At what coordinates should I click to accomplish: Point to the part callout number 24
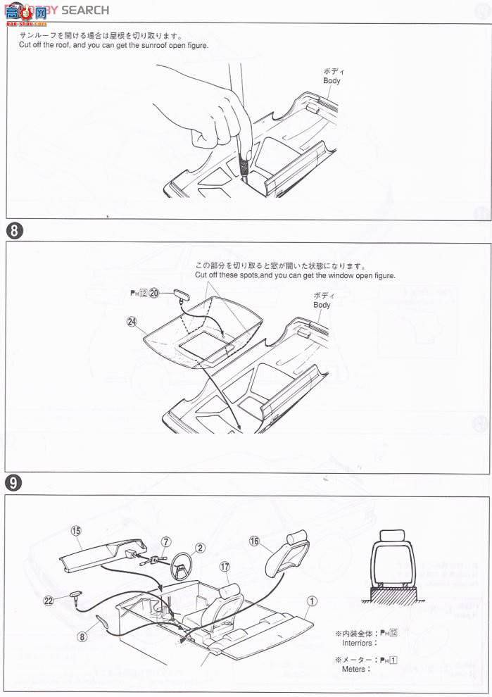pos(131,322)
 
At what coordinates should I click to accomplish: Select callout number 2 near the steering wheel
pos(200,548)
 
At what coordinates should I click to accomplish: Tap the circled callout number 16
pos(255,541)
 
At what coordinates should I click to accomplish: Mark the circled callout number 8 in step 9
pos(82,636)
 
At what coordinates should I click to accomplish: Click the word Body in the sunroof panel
pos(332,81)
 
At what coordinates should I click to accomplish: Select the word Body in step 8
pos(322,305)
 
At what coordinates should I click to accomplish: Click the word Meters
pos(354,669)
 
